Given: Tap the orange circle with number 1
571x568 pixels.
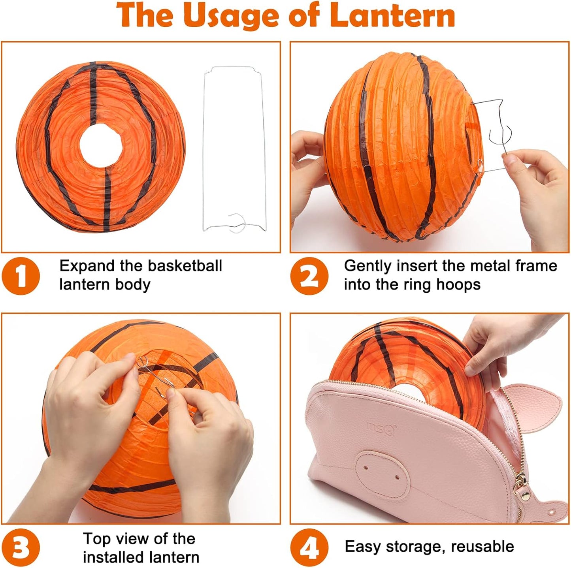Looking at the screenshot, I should point(21,276).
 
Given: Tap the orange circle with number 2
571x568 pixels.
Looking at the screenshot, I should point(309,276).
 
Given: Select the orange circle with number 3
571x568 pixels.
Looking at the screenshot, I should point(21,548).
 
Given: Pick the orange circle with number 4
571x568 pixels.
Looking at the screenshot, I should point(309,548).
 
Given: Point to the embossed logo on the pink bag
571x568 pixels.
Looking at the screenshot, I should point(381,428).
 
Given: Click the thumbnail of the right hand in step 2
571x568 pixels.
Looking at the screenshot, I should point(511,160).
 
